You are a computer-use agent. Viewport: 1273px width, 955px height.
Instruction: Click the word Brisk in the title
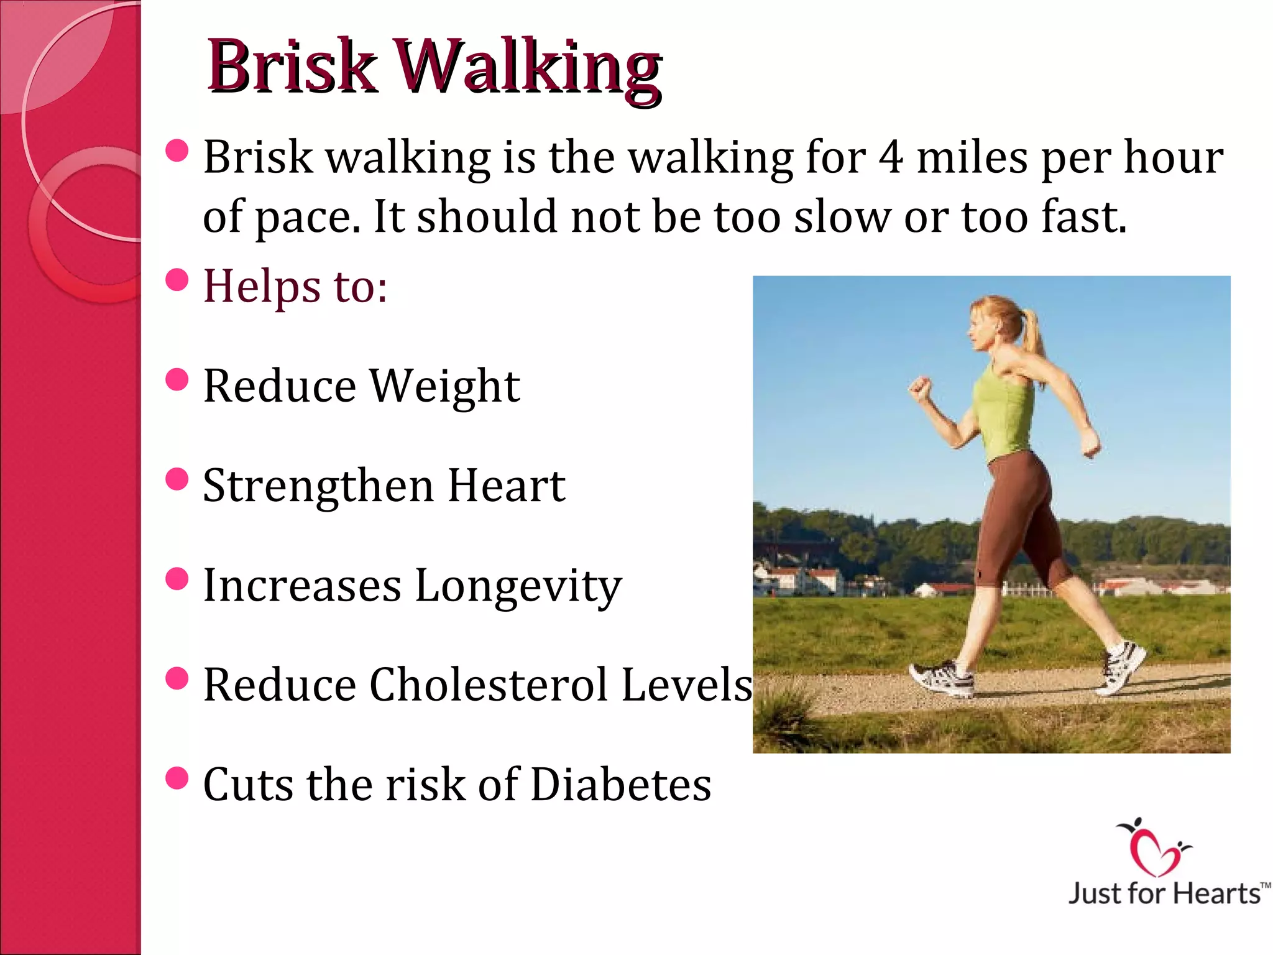pos(292,67)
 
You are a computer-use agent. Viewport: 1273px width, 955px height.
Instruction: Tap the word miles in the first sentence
pos(972,157)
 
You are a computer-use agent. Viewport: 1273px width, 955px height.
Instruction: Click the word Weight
pos(445,387)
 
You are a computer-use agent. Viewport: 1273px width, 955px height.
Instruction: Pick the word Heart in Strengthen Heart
pos(506,486)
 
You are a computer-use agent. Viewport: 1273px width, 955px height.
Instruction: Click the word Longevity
pos(518,586)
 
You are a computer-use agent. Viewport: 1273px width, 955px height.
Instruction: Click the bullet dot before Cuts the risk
pos(177,778)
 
